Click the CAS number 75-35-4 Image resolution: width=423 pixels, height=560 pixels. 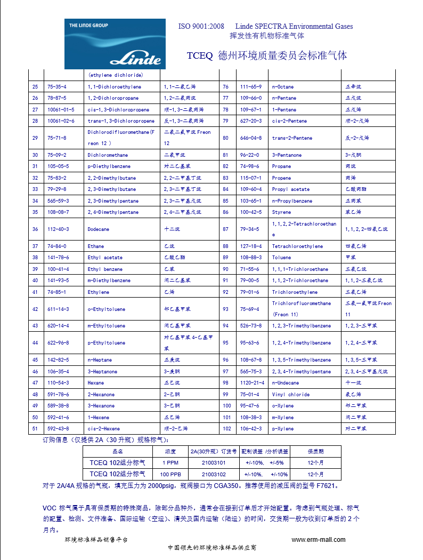57,86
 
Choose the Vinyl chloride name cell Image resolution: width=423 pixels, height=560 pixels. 290,395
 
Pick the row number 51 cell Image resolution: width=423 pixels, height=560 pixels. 35,429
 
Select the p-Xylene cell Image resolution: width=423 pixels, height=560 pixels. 283,429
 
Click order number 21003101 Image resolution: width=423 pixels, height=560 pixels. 214,463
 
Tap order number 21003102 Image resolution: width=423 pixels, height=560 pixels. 214,474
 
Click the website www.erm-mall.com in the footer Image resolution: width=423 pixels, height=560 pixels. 319,540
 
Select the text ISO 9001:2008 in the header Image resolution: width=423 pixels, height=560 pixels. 201,26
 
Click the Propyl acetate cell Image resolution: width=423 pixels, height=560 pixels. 290,189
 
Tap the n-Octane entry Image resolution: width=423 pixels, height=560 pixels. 283,86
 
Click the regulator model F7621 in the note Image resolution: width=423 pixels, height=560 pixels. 326,486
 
